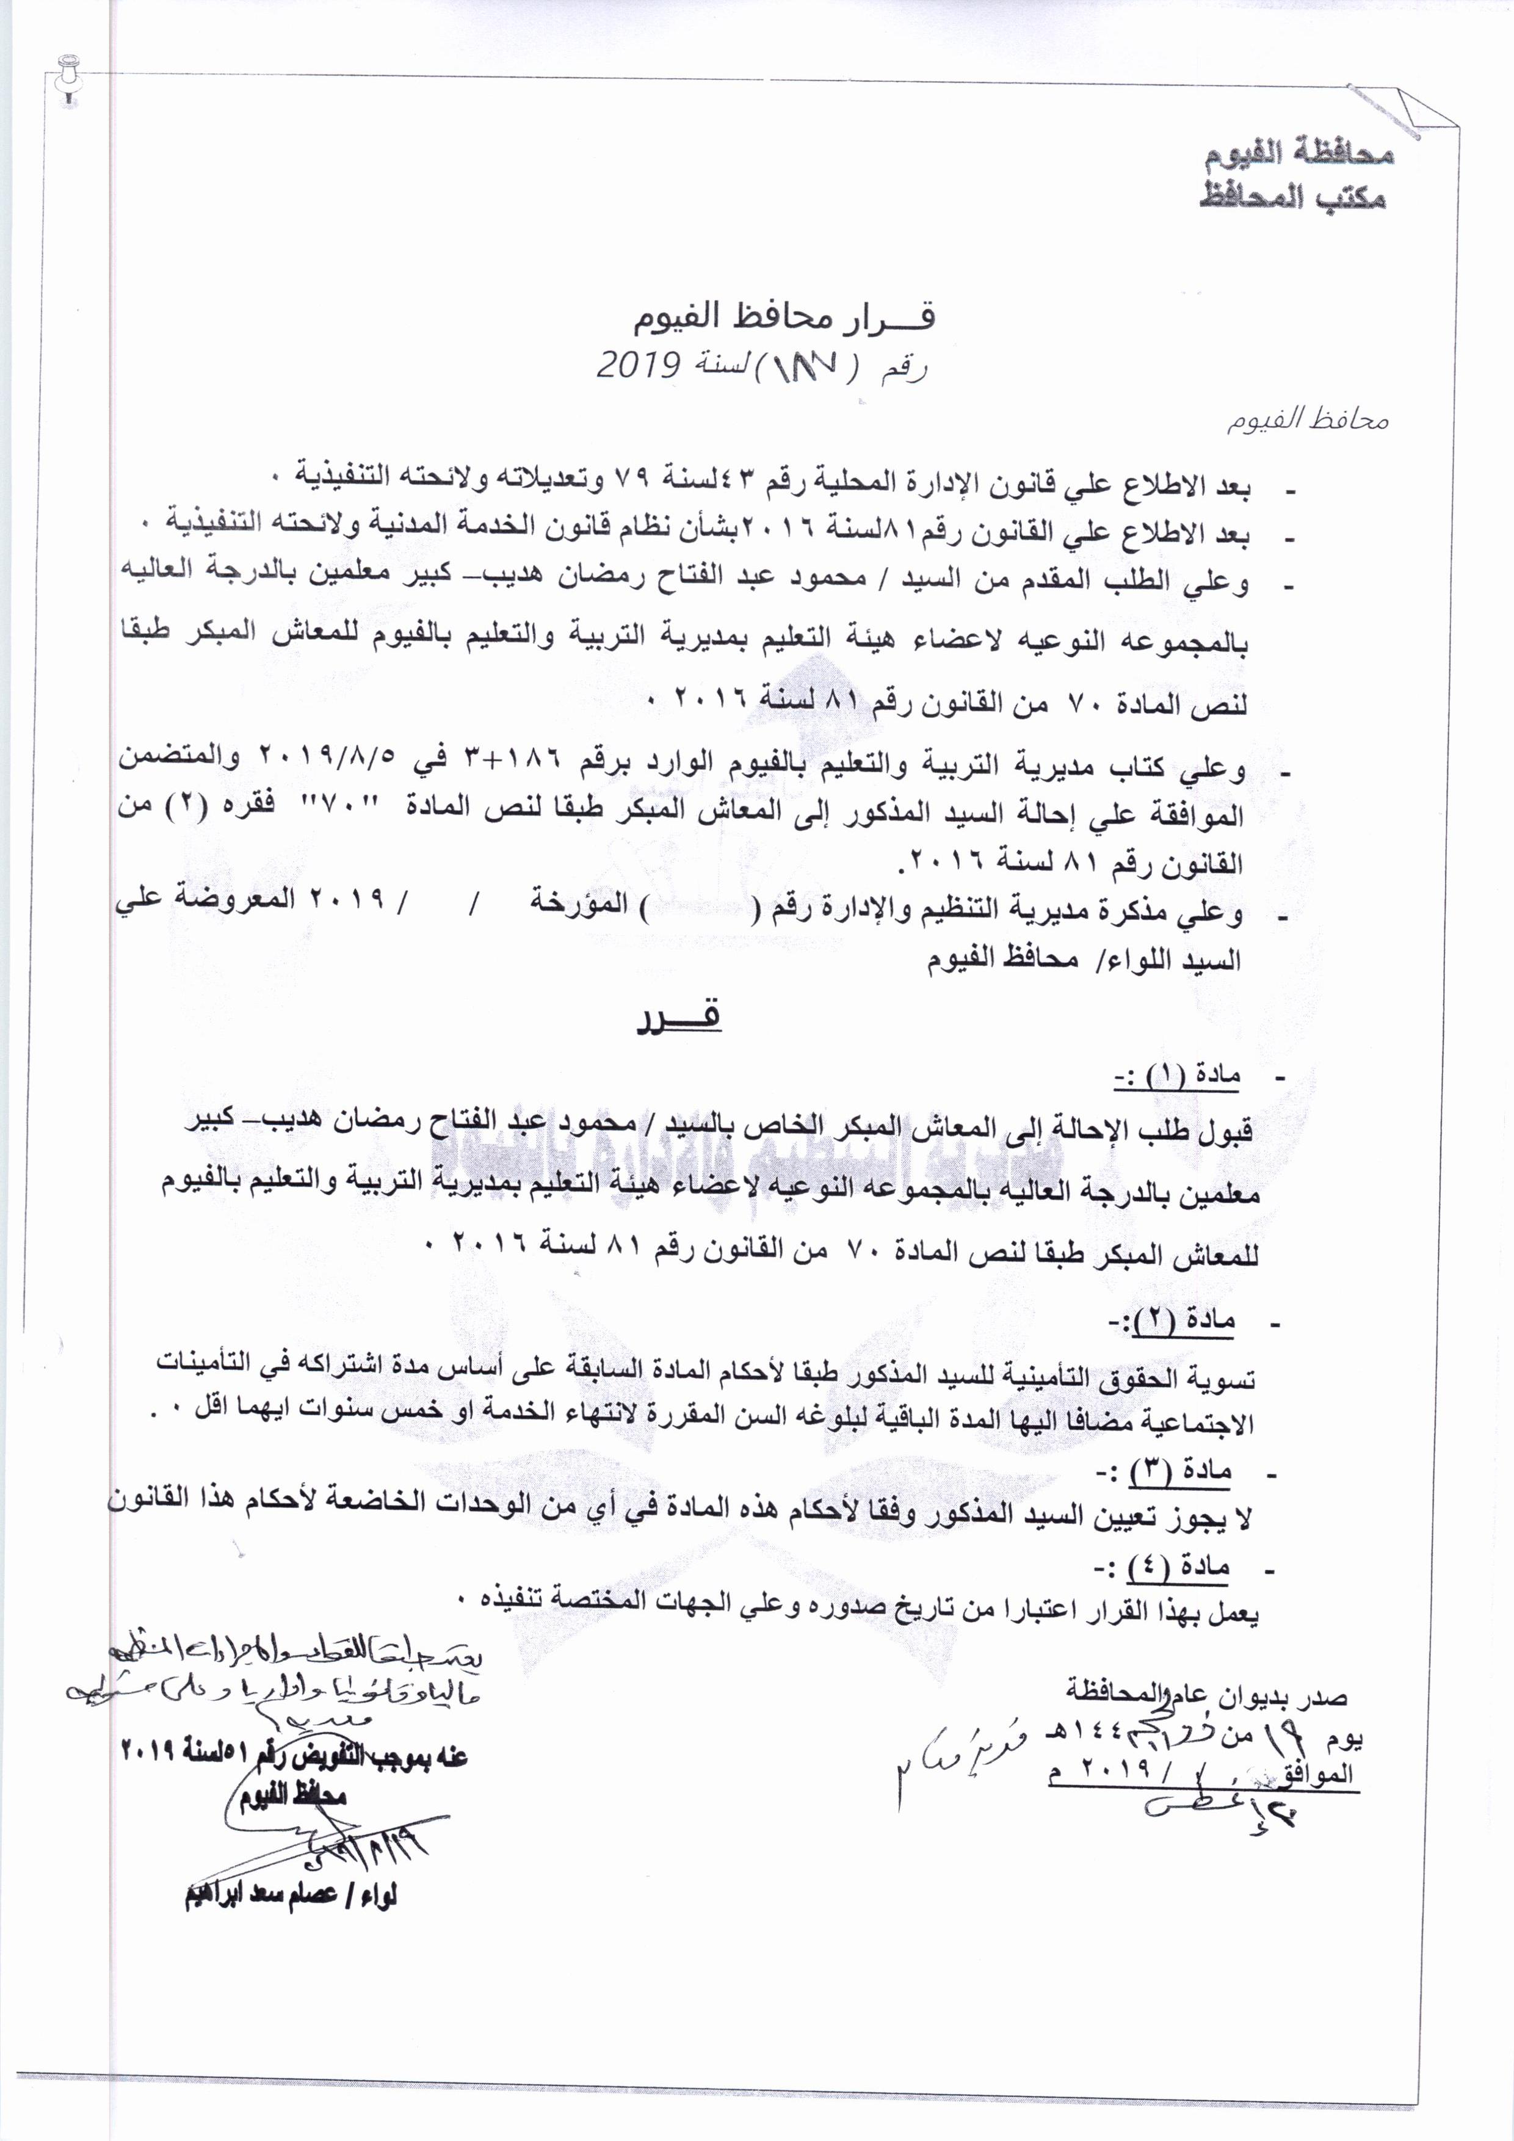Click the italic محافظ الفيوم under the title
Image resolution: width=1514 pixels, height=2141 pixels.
point(1306,421)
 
